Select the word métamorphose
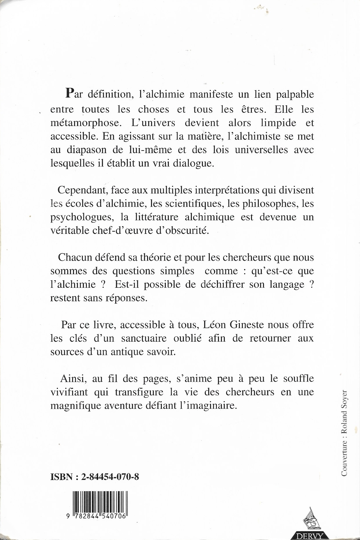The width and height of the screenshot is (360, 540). point(84,123)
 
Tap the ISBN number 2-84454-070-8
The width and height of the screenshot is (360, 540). point(110,477)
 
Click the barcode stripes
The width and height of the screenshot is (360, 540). point(100,502)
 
